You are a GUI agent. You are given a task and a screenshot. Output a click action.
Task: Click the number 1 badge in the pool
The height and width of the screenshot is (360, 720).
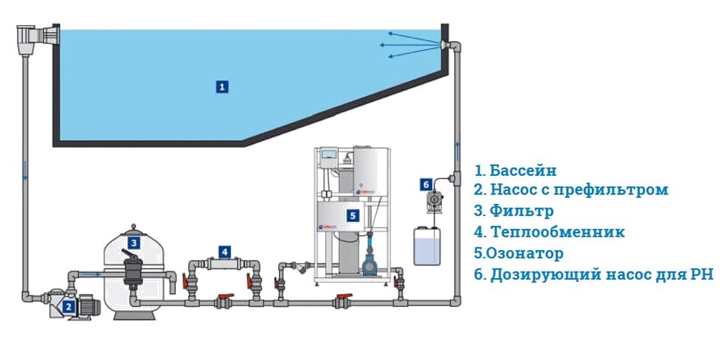(221, 86)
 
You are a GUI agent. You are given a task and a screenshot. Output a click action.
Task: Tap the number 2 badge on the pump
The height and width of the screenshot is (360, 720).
(68, 307)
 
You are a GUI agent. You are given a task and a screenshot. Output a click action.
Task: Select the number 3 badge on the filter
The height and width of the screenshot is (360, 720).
(133, 243)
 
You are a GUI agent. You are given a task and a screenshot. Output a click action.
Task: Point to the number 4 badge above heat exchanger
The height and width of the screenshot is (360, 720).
(224, 251)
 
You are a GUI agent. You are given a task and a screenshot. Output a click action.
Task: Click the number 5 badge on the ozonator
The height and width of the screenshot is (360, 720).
(352, 215)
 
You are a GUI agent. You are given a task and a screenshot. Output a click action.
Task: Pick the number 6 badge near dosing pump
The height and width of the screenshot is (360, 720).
(426, 184)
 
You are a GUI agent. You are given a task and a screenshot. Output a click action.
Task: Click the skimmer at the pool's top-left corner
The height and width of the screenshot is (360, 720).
(35, 37)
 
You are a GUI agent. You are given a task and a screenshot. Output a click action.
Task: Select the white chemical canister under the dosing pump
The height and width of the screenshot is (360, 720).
(426, 244)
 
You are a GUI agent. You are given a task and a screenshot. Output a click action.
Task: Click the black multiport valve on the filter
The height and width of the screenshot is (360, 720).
(133, 271)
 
